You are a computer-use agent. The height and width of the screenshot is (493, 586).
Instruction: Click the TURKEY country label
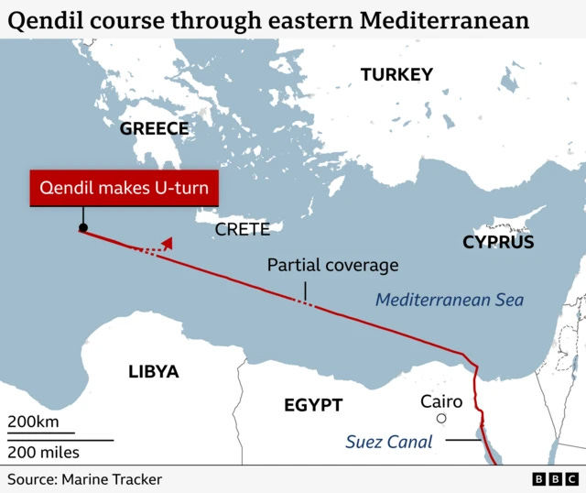tap(396, 75)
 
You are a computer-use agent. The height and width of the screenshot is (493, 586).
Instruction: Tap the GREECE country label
tap(154, 128)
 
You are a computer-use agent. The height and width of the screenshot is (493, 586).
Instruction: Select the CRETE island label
tap(243, 229)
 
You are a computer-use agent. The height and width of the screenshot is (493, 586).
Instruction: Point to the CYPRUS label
tap(498, 242)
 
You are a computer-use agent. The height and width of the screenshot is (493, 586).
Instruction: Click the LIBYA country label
tap(153, 372)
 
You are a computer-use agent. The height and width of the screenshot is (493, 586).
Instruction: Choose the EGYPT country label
tap(312, 405)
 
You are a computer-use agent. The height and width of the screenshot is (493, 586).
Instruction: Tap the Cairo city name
tap(441, 401)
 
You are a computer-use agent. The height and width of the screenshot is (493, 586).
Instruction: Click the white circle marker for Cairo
tap(441, 419)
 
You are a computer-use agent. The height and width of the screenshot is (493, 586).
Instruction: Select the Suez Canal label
tap(388, 442)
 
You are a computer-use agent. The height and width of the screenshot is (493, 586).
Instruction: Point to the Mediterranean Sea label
tap(450, 300)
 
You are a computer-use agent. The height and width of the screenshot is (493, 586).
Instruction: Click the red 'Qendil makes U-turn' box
tap(124, 190)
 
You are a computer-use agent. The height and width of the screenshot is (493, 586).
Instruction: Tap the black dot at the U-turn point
tap(83, 227)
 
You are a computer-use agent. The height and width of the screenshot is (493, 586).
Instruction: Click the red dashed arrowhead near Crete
tap(167, 242)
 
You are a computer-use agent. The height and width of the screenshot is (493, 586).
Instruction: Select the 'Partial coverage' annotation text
tap(332, 266)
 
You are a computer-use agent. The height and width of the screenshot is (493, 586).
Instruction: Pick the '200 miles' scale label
tap(44, 452)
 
